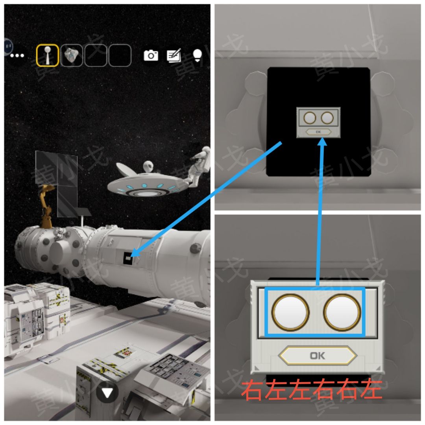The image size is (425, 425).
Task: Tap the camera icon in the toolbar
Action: coord(151,55)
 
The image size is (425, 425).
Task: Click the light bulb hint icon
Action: coord(197,55)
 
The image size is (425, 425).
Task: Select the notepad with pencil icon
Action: coord(174,55)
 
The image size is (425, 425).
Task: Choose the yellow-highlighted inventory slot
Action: coord(48,55)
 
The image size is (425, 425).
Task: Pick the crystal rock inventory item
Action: coord(72,55)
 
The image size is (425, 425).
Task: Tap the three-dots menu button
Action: coord(17,55)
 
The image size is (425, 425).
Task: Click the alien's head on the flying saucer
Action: coord(148,166)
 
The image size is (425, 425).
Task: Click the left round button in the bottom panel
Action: coord(290,312)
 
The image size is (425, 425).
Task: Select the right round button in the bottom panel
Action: coord(342,312)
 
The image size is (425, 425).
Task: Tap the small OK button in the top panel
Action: coord(318,132)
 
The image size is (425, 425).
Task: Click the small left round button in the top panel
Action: coord(310,118)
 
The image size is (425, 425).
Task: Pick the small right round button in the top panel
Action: coord(327,118)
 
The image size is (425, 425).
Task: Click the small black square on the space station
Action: coord(128,258)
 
